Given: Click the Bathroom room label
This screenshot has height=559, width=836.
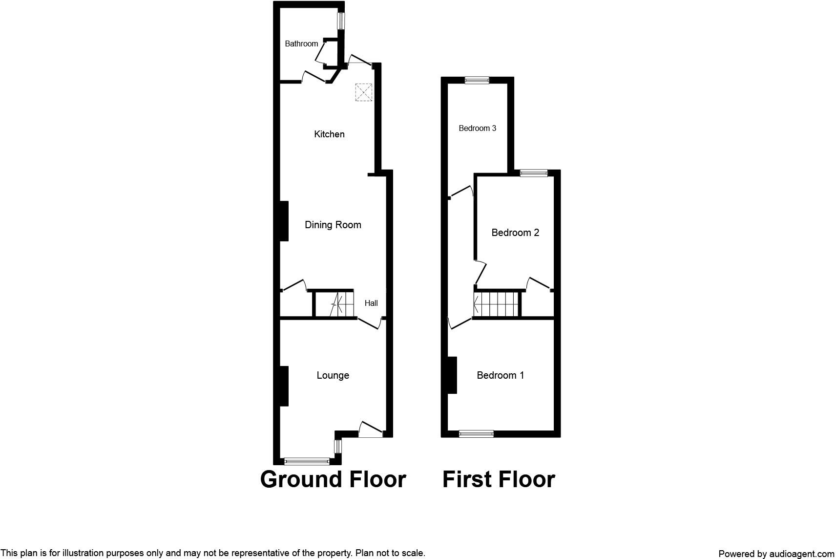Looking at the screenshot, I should (x=301, y=44).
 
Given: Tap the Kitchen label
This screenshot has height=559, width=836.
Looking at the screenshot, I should (x=329, y=134).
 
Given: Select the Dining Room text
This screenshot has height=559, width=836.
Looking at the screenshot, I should (x=333, y=225).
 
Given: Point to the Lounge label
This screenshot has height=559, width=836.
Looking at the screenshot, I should (x=333, y=375).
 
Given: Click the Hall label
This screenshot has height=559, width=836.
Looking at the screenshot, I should (x=371, y=303).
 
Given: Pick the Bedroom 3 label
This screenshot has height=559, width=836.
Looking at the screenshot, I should (x=478, y=129).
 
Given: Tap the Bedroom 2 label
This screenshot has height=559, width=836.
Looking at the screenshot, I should (x=515, y=233).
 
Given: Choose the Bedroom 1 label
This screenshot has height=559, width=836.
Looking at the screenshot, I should (x=501, y=375).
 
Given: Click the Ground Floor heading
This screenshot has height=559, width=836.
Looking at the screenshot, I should (x=333, y=479).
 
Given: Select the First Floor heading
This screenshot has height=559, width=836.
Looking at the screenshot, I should (x=499, y=479).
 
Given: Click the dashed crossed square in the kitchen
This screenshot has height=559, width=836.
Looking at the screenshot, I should (x=363, y=92).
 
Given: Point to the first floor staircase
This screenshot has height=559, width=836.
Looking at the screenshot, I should (x=496, y=304).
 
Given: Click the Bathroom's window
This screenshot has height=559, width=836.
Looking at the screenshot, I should (x=341, y=21).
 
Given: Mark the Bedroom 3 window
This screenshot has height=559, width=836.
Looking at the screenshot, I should (x=477, y=81).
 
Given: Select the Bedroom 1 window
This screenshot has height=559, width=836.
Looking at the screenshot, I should (x=476, y=433).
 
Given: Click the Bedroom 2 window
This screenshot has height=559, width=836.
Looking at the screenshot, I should (x=533, y=173).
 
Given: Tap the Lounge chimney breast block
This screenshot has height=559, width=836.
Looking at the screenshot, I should (x=284, y=386).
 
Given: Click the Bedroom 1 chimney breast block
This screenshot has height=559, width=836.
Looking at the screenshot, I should (x=452, y=375).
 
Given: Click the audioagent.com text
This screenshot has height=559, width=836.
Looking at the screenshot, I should (x=801, y=554).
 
